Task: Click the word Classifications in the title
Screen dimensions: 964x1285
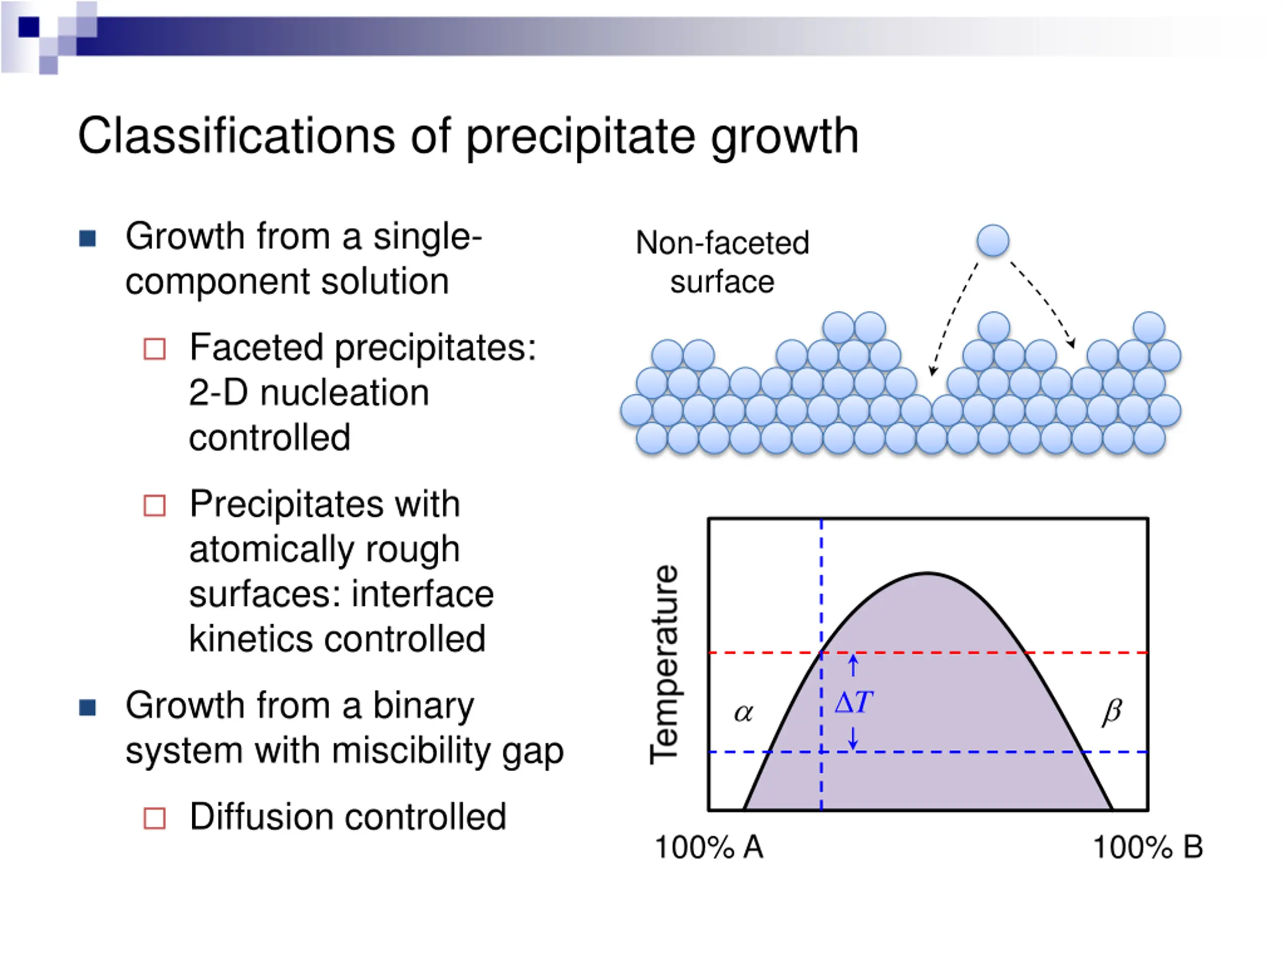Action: pyautogui.click(x=236, y=136)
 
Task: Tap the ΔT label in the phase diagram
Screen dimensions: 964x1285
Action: pyautogui.click(x=853, y=702)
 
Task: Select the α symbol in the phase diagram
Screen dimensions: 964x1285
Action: pyautogui.click(x=743, y=713)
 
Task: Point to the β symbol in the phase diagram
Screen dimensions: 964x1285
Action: pyautogui.click(x=1112, y=712)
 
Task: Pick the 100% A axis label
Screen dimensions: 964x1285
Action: pyautogui.click(x=709, y=847)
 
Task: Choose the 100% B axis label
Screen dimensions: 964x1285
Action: pyautogui.click(x=1148, y=847)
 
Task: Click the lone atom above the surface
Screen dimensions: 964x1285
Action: pyautogui.click(x=993, y=240)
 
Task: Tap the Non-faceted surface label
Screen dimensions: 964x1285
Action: pyautogui.click(x=722, y=262)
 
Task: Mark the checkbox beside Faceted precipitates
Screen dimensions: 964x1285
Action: pyautogui.click(x=155, y=349)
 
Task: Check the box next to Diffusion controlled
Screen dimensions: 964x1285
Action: pyautogui.click(x=155, y=818)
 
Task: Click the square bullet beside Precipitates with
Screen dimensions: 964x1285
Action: pyautogui.click(x=155, y=506)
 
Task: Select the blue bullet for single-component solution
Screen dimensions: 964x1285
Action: pyautogui.click(x=87, y=238)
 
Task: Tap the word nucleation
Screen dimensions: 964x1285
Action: pyautogui.click(x=344, y=393)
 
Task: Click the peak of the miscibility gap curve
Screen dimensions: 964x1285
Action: pyautogui.click(x=927, y=574)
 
